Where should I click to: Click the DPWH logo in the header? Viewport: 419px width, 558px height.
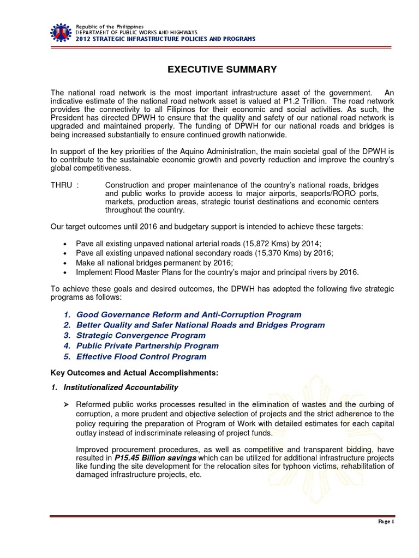point(62,33)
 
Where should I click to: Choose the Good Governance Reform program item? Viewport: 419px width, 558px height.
point(188,314)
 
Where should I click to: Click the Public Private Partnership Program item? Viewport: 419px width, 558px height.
point(147,345)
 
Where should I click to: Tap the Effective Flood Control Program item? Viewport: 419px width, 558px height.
point(141,356)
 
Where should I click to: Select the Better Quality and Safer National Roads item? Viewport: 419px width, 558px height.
point(200,325)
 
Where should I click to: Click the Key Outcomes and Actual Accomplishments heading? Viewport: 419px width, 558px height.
point(134,373)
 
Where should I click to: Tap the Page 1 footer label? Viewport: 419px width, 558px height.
point(385,522)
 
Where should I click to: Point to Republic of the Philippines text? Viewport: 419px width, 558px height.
point(110,27)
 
